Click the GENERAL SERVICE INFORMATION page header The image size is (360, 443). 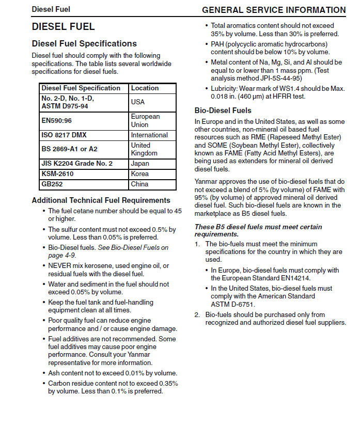tap(274, 10)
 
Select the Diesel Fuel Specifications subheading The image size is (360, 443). tap(84, 44)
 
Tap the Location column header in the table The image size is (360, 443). tap(145, 88)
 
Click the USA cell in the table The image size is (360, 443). tap(138, 102)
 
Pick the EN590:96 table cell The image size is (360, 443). tap(57, 120)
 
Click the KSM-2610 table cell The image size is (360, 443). tap(58, 174)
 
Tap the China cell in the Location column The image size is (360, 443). tap(139, 184)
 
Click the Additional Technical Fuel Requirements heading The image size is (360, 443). tap(101, 200)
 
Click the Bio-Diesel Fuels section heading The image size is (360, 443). tap(223, 110)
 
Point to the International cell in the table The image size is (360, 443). tap(149, 135)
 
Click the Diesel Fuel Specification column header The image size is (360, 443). tap(81, 88)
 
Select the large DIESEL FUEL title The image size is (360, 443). tap(63, 26)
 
